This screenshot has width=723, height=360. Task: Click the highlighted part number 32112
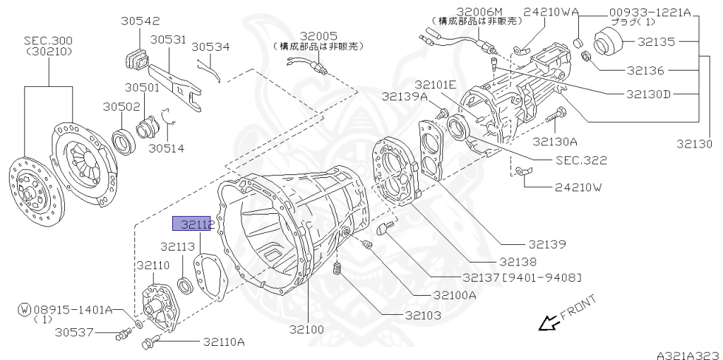coord(193,224)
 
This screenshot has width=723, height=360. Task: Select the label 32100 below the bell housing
coord(306,329)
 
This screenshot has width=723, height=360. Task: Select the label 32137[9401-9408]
coord(522,277)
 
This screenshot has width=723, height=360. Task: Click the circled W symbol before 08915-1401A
coord(24,308)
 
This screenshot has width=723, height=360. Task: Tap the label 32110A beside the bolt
coord(224,342)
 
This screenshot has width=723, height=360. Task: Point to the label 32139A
coord(405,96)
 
